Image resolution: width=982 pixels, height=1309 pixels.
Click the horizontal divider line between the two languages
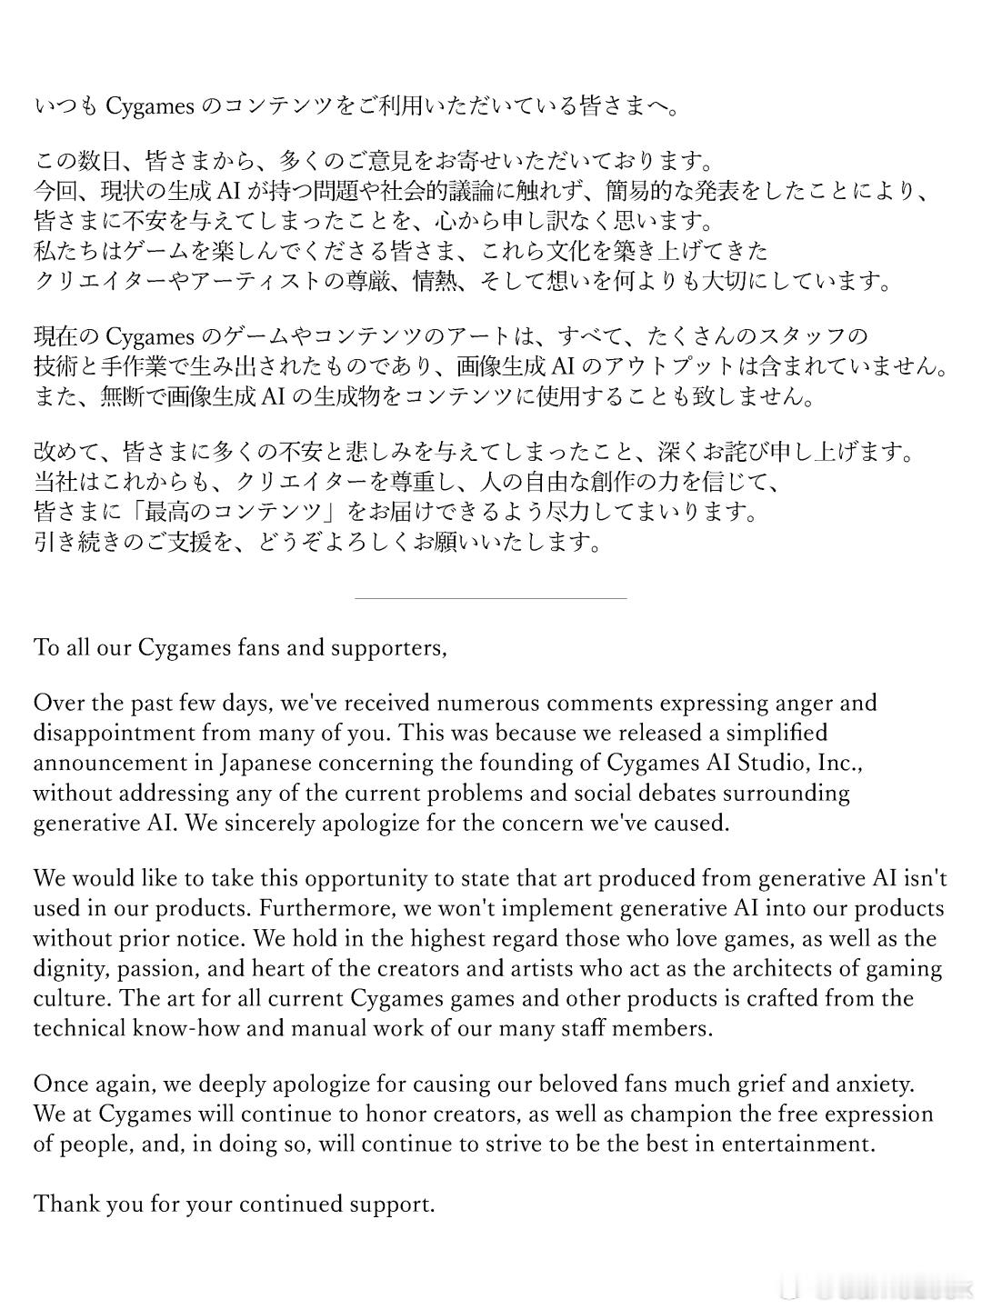pos(490,599)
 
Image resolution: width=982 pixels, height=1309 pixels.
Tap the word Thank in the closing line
pos(66,1204)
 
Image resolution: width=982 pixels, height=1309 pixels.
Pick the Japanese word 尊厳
pos(376,281)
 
